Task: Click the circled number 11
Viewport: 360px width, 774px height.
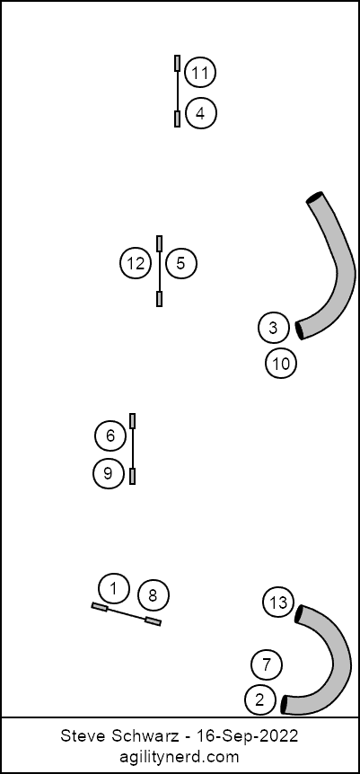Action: (200, 73)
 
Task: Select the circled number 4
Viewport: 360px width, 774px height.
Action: (200, 113)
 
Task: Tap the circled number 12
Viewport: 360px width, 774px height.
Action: (135, 264)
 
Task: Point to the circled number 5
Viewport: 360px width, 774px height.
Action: (180, 264)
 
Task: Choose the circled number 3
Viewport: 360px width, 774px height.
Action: (274, 328)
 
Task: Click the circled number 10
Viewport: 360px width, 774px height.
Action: (281, 364)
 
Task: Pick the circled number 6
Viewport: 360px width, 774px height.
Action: (110, 435)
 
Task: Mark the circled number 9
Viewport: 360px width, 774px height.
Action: (108, 474)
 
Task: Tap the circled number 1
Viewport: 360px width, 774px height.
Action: (114, 589)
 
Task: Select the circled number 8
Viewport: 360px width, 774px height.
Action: (154, 596)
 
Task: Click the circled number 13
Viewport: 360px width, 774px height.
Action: (278, 602)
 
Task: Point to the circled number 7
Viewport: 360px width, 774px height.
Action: (267, 665)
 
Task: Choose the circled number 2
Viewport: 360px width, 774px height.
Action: (259, 699)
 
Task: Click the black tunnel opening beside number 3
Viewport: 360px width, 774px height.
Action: (299, 330)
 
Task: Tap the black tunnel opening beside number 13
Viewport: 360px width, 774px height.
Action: (298, 614)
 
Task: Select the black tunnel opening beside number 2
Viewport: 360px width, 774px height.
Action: (284, 705)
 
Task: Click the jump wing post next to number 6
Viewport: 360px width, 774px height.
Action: (132, 421)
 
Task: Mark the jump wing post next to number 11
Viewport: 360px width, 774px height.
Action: (177, 63)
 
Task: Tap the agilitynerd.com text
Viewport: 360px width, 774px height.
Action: (180, 757)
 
